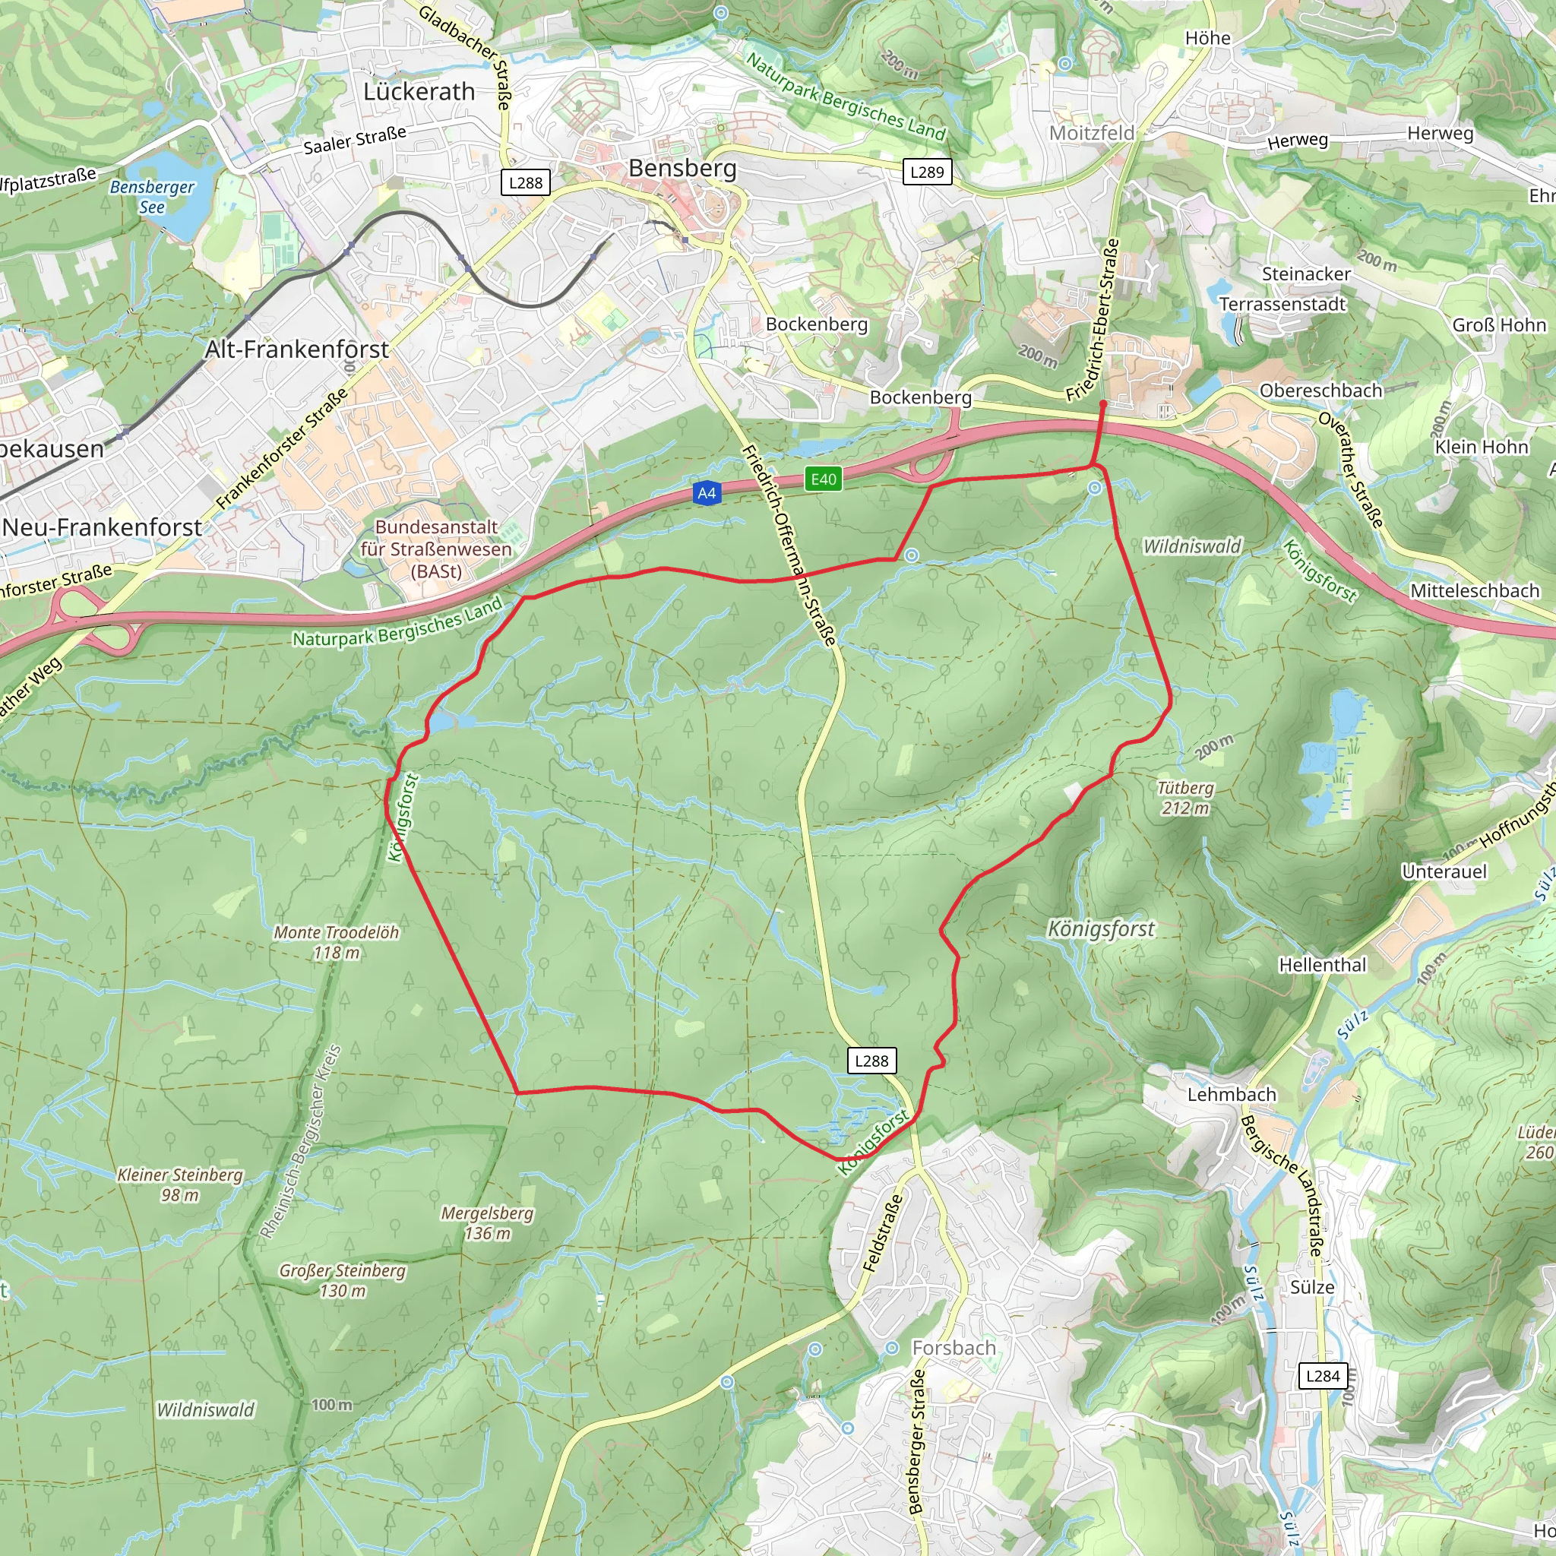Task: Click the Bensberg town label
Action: [682, 169]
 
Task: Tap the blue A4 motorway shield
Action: [707, 493]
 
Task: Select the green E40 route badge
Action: [823, 479]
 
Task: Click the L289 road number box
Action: [927, 172]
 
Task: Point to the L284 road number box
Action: [1323, 1376]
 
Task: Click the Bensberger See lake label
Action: [152, 197]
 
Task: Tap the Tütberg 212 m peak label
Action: [1184, 797]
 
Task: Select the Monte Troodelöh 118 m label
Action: [337, 941]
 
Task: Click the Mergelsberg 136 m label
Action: [487, 1222]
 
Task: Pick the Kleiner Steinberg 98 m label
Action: [179, 1184]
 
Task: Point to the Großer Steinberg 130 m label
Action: [343, 1279]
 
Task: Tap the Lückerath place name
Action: [419, 92]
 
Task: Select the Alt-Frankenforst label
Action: [296, 349]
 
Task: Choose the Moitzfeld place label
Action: [1091, 133]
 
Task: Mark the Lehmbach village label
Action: [1232, 1095]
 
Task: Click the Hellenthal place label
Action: [1323, 965]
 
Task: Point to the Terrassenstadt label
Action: [1282, 305]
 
